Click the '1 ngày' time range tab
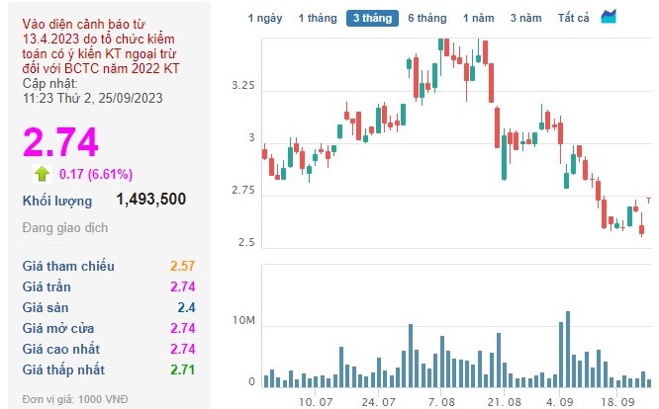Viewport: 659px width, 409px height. coord(265,19)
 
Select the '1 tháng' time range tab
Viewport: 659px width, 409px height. coord(319,19)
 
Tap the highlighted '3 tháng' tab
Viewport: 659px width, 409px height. coord(372,19)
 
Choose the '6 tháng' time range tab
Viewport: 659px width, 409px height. coord(426,19)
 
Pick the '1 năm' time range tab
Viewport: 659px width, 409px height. coord(480,19)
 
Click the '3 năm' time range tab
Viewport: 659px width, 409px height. coord(526,19)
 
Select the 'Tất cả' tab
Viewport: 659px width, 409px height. coord(574,19)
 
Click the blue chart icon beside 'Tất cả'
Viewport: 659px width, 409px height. coord(609,18)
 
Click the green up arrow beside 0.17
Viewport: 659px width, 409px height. coord(43,174)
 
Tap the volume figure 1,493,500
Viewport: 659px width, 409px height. coord(151,200)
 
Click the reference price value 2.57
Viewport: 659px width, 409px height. coord(183,266)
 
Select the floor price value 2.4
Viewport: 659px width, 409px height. coord(187,307)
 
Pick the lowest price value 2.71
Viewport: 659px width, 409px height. coord(183,369)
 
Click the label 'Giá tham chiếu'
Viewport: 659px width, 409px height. coord(68,266)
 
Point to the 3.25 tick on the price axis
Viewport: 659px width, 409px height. coord(242,87)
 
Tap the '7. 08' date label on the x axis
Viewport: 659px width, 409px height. coord(441,402)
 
